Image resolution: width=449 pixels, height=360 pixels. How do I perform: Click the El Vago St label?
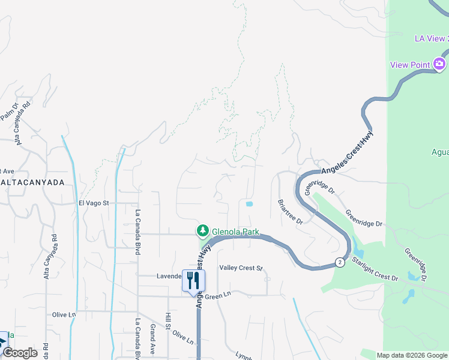tap(94, 203)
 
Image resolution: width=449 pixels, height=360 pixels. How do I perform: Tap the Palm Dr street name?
tap(10, 111)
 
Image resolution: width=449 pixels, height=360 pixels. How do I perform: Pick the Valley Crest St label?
tap(241, 268)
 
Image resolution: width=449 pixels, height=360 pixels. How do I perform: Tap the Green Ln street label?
tap(218, 296)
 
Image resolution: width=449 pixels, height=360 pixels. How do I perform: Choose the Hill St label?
tap(169, 323)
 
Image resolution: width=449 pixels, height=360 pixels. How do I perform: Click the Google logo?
tap(20, 353)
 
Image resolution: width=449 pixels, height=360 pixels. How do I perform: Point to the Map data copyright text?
tap(411, 355)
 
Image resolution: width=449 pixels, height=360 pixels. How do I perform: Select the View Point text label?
tap(410, 65)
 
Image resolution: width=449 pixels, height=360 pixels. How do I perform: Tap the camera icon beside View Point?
tap(439, 64)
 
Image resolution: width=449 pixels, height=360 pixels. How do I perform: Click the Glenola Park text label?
tap(235, 231)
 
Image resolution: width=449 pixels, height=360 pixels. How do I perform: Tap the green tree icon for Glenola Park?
tap(203, 231)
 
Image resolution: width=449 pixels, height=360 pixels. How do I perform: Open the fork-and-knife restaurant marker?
tap(193, 281)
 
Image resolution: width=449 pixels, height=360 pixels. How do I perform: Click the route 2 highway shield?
tap(340, 262)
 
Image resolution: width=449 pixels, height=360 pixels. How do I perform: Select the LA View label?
tap(431, 39)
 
